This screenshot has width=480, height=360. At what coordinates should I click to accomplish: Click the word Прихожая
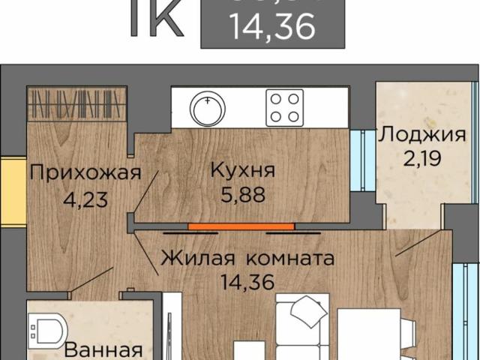[x=85, y=174]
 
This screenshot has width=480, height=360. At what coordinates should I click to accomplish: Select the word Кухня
[x=241, y=169]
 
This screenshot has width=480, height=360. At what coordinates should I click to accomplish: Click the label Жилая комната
[x=247, y=259]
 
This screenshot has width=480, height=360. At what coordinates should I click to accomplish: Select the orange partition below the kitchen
[x=241, y=225]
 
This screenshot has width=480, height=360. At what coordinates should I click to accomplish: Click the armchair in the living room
[x=304, y=315]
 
